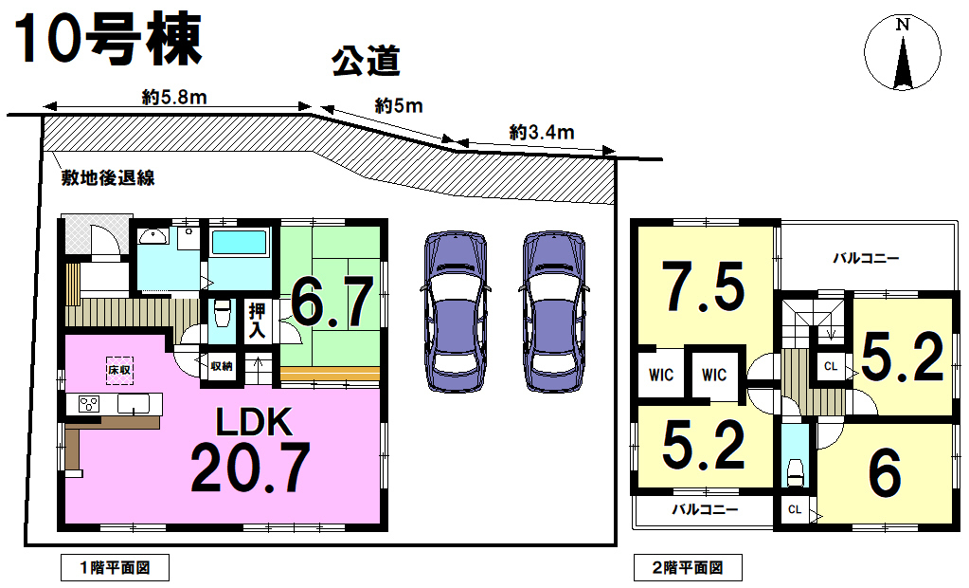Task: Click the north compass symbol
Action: point(903,52)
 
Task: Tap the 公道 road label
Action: point(366,62)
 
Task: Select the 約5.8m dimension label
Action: point(174,97)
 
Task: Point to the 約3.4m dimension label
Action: point(542,132)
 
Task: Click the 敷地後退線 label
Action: point(108,178)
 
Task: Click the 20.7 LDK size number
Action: point(250,468)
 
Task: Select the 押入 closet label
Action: point(257,321)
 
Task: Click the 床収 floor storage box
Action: point(119,370)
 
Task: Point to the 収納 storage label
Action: point(222,366)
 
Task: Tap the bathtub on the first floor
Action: point(240,243)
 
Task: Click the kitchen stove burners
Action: point(89,404)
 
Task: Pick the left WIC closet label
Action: point(661,375)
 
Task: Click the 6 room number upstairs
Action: point(885,473)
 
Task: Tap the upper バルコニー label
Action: point(866,258)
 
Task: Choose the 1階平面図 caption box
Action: point(115,567)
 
